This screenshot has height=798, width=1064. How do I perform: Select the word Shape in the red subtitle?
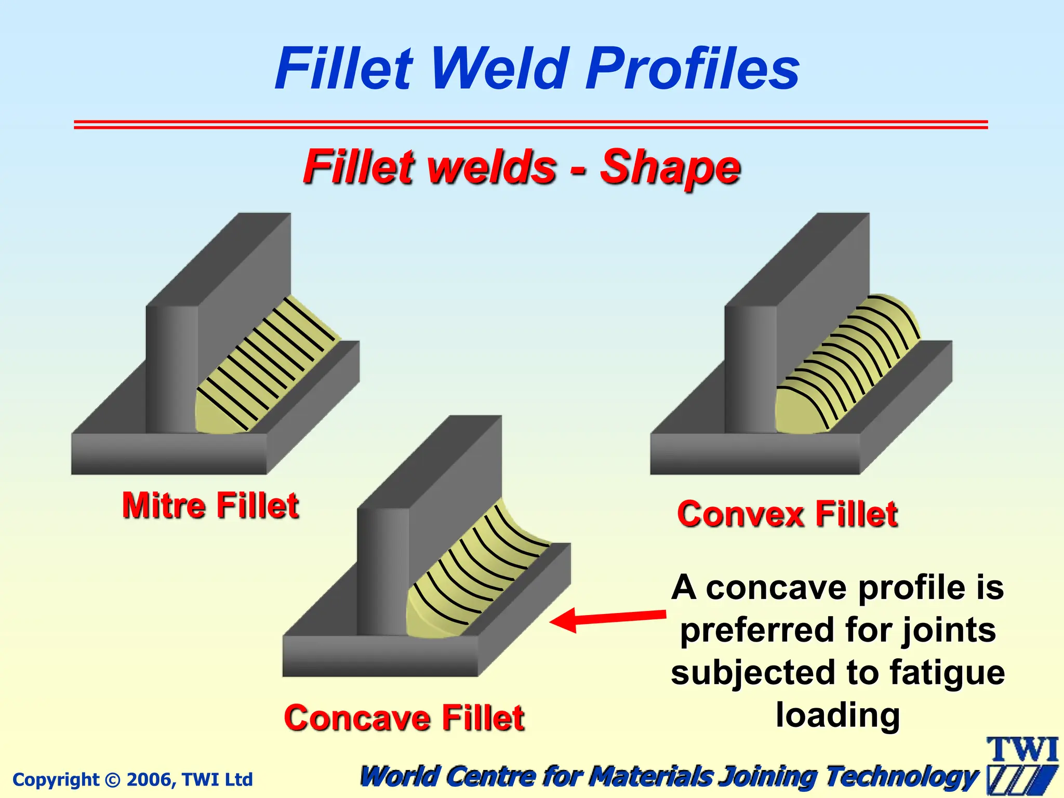pos(670,168)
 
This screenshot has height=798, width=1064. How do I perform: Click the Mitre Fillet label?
pos(210,506)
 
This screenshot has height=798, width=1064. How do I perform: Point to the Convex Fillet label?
pos(787,514)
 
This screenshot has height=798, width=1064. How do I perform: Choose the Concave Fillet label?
pos(404,718)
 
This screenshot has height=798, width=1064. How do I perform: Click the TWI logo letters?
pos(1022,750)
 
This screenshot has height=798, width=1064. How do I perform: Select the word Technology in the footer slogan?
pos(901,777)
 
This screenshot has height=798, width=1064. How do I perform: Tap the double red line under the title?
pos(530,124)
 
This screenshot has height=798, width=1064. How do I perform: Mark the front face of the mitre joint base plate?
pos(169,454)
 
